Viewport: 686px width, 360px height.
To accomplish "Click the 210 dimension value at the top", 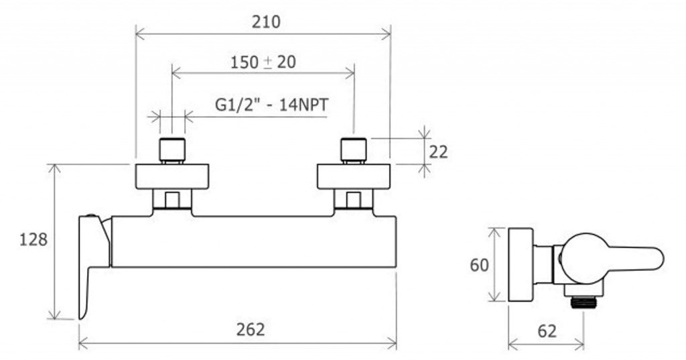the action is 266,22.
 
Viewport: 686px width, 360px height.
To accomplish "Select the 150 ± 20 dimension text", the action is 263,62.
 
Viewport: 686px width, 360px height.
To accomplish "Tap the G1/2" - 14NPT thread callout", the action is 272,105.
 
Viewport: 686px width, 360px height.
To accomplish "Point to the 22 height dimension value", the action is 438,152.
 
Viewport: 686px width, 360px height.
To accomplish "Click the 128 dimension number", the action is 33,239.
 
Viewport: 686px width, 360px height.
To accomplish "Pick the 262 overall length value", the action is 251,329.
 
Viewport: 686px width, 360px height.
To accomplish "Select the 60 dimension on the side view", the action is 479,265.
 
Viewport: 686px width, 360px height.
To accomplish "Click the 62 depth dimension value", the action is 547,331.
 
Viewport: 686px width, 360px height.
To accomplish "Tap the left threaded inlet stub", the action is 172,150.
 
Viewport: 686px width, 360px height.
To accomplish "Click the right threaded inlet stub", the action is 354,150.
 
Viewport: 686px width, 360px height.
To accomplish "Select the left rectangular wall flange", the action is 172,176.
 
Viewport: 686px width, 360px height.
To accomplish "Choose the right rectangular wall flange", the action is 354,176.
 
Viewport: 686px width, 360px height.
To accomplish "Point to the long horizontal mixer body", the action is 254,241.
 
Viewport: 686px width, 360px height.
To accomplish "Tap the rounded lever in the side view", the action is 612,258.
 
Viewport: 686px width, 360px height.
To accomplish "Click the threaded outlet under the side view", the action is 584,302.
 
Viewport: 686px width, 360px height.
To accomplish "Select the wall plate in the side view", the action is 521,265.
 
